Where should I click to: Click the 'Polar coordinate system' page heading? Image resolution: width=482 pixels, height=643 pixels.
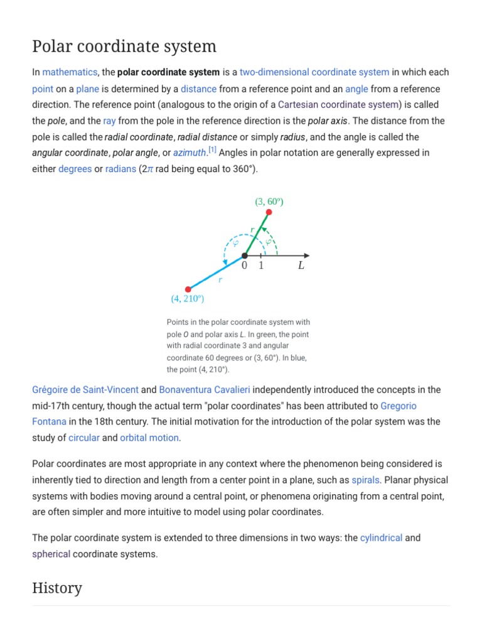(x=124, y=46)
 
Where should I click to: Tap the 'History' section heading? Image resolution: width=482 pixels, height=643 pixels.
(x=57, y=588)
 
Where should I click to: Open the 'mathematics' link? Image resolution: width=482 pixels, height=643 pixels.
(x=70, y=72)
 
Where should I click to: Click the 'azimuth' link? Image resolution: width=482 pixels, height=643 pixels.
(x=190, y=153)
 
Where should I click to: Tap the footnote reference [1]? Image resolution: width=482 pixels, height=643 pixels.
(x=213, y=149)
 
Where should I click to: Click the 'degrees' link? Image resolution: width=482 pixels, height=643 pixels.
(x=75, y=169)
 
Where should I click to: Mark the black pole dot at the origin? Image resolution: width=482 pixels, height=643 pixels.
(x=245, y=256)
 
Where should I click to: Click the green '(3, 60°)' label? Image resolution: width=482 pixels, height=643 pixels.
(x=269, y=202)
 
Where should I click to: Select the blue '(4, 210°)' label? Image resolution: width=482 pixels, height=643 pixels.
(x=187, y=299)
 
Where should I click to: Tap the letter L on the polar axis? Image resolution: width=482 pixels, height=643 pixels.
(x=301, y=266)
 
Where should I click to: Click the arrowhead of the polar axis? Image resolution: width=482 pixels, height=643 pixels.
(x=306, y=256)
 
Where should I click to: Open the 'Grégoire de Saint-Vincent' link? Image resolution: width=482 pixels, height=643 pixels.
(x=85, y=389)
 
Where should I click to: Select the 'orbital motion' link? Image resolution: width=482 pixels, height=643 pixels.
(x=149, y=438)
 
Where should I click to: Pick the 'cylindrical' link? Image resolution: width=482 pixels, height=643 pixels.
(x=381, y=538)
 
